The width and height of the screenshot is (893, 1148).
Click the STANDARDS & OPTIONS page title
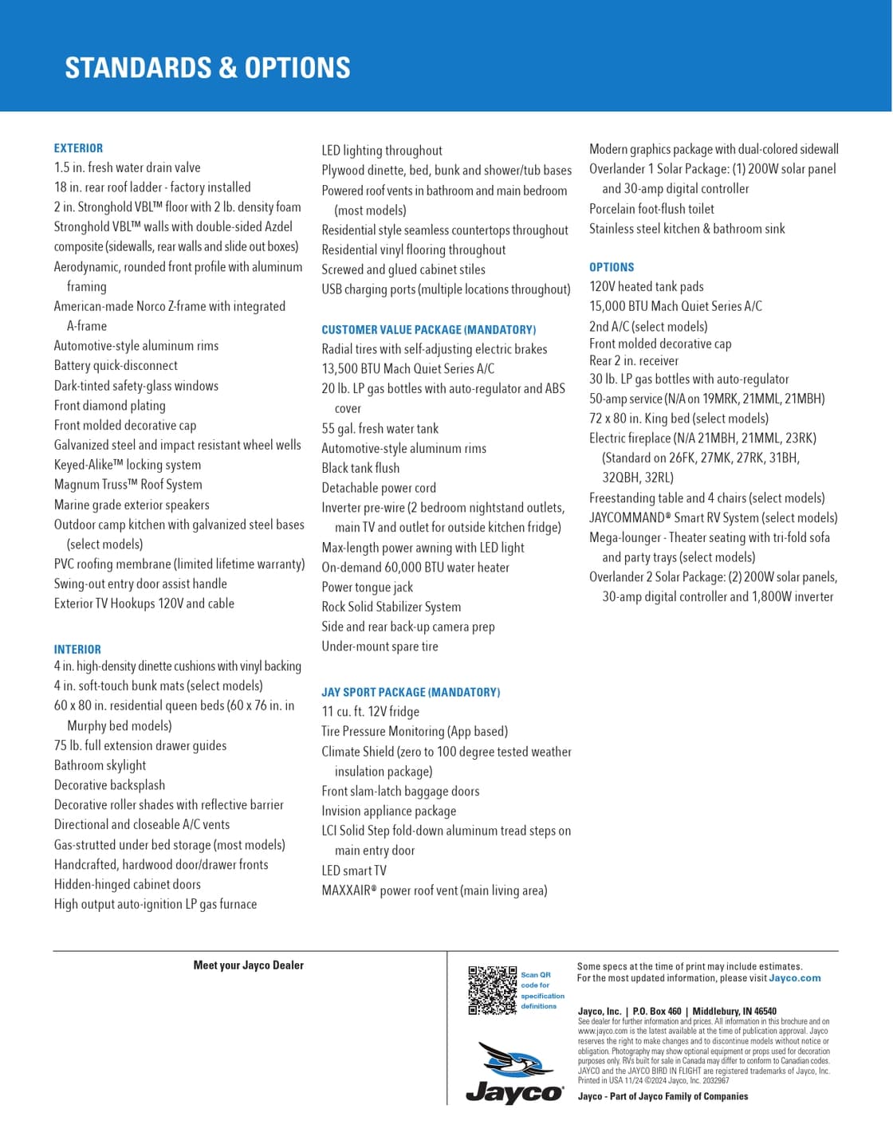207,68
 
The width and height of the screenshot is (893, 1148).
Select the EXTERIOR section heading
78,148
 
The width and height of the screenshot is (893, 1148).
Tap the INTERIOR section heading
77,650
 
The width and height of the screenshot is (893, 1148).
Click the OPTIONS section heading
612,267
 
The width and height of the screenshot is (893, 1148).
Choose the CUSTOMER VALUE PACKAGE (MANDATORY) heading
428,329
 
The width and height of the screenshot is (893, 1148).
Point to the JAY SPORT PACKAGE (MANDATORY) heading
411,692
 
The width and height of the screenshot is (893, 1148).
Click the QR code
492,990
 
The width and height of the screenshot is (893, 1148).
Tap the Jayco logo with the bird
514,1073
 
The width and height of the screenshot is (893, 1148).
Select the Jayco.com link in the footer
794,978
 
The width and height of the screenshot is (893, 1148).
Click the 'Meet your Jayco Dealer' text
248,965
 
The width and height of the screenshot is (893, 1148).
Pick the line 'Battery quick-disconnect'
116,366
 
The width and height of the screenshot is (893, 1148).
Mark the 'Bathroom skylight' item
100,765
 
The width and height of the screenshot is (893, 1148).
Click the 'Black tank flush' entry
360,468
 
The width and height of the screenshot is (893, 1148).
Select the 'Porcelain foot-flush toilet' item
651,209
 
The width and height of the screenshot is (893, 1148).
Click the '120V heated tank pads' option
646,286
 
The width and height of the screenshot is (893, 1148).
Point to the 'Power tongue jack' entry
367,587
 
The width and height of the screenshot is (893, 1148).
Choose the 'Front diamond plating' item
109,406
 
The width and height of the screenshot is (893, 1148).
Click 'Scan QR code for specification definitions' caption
542,990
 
